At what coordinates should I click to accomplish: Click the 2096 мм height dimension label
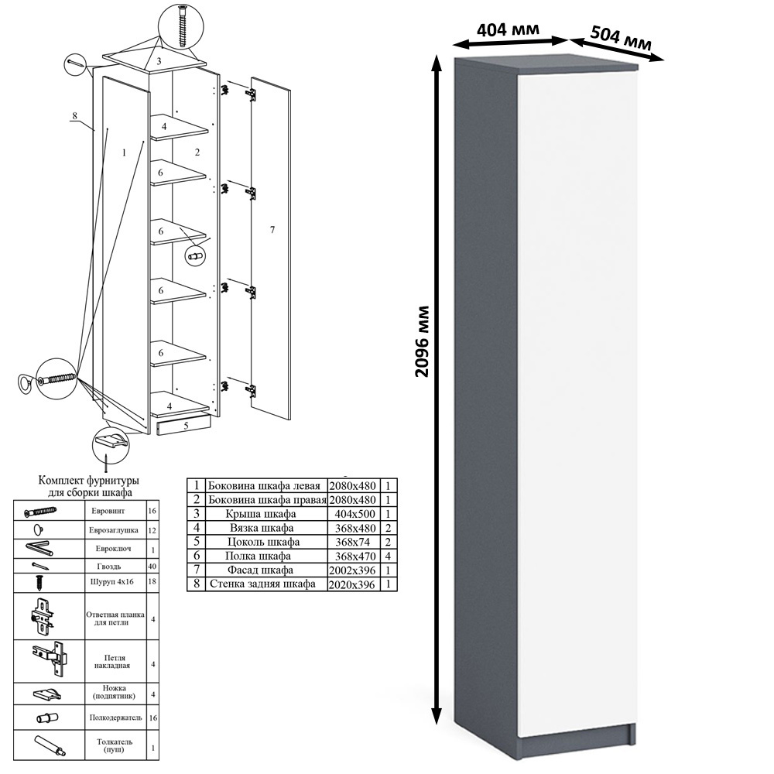pos(423,341)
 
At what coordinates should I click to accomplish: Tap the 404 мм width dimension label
pos(508,29)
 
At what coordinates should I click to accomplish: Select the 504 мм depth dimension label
pos(621,37)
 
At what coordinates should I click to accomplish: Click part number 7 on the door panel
pos(272,230)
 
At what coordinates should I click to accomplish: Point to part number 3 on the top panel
pos(159,62)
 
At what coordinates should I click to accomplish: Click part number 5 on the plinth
pos(186,425)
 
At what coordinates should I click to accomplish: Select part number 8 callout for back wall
pos(74,116)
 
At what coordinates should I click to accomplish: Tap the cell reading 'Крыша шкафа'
pos(261,514)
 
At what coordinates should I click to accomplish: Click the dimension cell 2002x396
pos(352,570)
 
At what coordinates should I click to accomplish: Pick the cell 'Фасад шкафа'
pos(260,570)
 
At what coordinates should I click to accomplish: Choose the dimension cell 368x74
pos(352,542)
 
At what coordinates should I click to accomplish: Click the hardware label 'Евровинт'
pos(108,511)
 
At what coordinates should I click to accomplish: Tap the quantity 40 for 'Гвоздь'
pos(152,567)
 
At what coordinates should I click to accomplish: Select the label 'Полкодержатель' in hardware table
pos(115,717)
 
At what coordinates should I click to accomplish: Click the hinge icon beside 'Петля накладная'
pos(50,660)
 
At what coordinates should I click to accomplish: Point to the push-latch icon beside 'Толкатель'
pos(50,745)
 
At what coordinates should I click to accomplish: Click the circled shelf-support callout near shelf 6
pos(195,256)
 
